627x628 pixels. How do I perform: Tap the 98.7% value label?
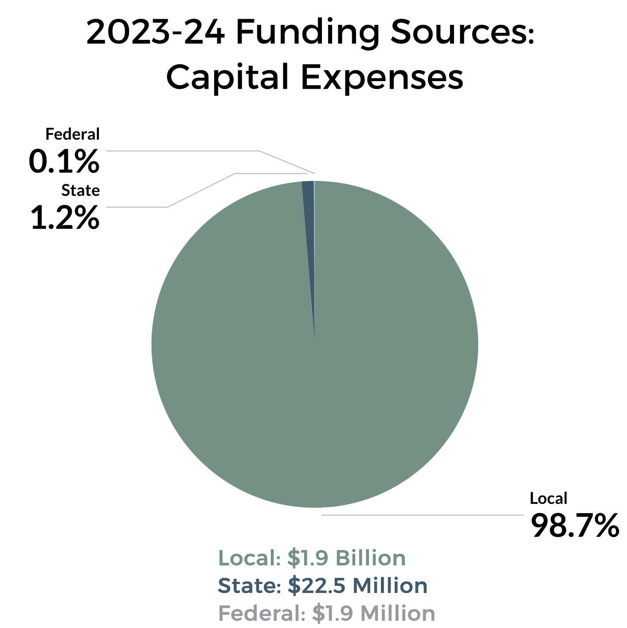coord(574,526)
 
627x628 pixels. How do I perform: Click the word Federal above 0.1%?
coord(73,134)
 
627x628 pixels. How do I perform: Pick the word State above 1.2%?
coord(80,190)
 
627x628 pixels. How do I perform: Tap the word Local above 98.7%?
coord(548,498)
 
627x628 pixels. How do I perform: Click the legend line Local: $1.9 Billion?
coord(312,558)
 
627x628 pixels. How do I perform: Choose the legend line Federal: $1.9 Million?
coord(326,613)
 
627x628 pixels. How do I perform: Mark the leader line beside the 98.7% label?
coord(421,515)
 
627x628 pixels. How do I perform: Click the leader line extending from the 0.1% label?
coord(182,151)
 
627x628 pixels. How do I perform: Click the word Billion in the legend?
coord(371,558)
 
